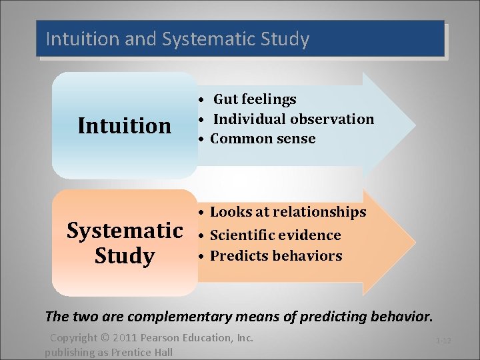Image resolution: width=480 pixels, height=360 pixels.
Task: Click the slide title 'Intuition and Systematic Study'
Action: [x=177, y=39]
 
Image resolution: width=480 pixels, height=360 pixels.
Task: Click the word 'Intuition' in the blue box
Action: [x=125, y=125]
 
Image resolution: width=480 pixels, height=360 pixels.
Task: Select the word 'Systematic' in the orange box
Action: [x=125, y=231]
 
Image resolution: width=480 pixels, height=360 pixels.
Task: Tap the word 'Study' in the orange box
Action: [x=125, y=255]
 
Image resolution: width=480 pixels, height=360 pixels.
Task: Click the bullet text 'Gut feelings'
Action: [x=255, y=99]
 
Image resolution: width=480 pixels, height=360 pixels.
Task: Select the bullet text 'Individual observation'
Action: [x=293, y=119]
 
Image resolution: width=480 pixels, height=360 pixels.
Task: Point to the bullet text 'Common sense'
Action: [x=263, y=139]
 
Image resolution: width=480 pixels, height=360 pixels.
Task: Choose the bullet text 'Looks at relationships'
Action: [x=288, y=212]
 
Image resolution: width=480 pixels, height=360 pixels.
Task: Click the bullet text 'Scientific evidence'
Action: [x=275, y=235]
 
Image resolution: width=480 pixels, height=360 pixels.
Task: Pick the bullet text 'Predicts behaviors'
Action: [x=276, y=256]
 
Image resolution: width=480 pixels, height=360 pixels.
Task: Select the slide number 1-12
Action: [x=443, y=341]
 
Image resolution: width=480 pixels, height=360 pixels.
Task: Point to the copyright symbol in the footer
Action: [x=103, y=338]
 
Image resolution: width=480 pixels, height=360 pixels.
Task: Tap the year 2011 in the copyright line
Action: [x=122, y=338]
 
